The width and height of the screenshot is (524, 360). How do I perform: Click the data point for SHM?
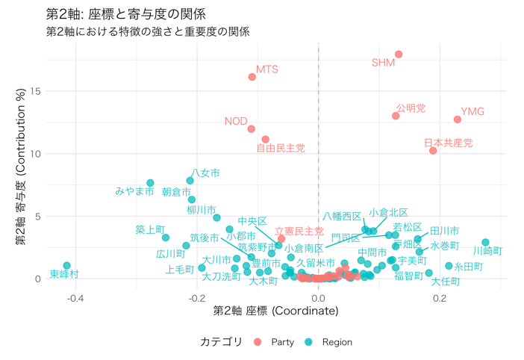click(399, 55)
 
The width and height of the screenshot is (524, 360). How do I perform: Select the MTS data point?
click(252, 77)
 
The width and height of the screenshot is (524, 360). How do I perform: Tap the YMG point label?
click(472, 112)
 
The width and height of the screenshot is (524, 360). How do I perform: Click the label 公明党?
click(411, 108)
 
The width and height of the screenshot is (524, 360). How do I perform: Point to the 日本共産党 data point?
click(433, 151)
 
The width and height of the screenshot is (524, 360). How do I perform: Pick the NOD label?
click(236, 121)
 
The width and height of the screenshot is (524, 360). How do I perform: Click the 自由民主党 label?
click(281, 149)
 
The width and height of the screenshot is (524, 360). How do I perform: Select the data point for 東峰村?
click(67, 266)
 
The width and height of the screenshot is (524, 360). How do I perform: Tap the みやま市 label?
click(134, 191)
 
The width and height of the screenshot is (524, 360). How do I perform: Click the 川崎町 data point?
click(485, 243)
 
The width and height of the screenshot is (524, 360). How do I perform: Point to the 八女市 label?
click(205, 173)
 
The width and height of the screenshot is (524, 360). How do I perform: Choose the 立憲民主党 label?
click(299, 232)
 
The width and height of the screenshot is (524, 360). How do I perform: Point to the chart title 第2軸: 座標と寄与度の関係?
click(125, 14)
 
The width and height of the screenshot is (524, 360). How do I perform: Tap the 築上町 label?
click(150, 229)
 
